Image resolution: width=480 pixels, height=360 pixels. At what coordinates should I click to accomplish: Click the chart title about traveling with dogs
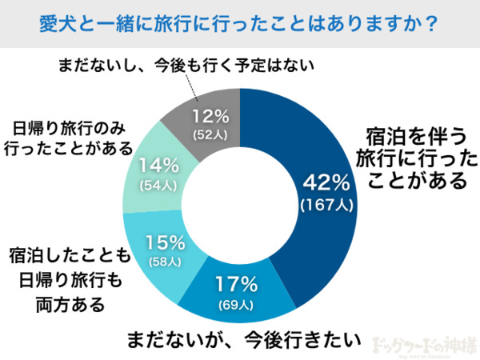click(239, 22)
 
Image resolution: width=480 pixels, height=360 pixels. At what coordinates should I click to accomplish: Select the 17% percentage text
click(237, 284)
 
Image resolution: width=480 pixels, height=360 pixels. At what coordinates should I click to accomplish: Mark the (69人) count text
click(237, 304)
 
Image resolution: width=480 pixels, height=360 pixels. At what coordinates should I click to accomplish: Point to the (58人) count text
click(166, 262)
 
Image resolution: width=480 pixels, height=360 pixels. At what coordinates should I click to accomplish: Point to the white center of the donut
click(240, 192)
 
